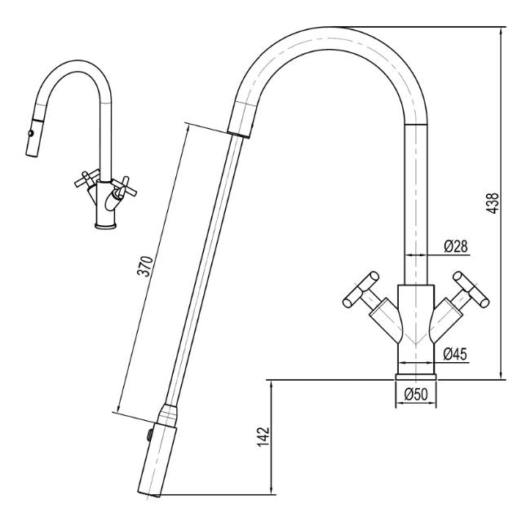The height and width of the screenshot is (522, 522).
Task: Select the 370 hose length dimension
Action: [144, 270]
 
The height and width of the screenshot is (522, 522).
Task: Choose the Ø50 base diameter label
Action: [416, 395]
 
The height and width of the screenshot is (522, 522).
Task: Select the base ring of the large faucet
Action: [416, 375]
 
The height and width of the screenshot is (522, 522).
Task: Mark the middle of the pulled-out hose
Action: [204, 269]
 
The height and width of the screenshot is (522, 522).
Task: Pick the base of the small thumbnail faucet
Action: [106, 225]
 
